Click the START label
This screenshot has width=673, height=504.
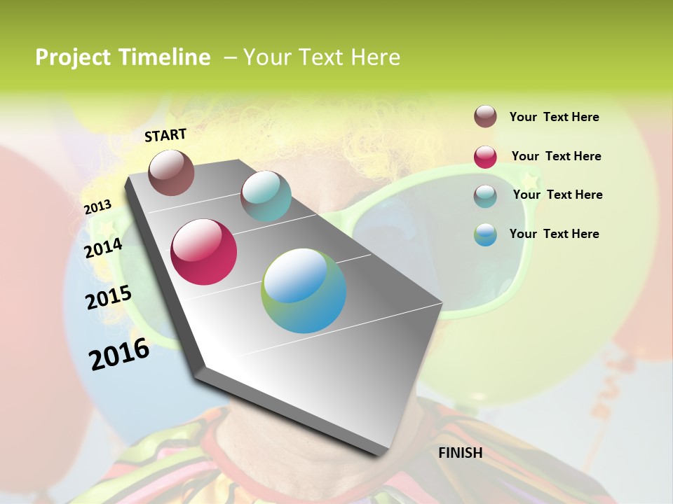tap(165, 135)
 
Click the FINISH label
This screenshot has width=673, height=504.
tap(460, 453)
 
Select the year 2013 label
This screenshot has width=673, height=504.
tap(97, 207)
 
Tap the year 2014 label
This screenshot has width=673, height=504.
tap(104, 248)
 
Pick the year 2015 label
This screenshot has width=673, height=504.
tap(109, 297)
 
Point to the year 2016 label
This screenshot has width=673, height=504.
tap(119, 354)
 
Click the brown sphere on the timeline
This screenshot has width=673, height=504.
tap(171, 172)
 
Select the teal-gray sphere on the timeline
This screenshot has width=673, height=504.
tap(266, 196)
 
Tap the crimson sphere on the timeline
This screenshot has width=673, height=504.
tap(204, 252)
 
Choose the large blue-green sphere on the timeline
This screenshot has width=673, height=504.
tap(304, 290)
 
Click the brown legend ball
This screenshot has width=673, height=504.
tap(485, 117)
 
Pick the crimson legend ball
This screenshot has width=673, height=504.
tap(485, 157)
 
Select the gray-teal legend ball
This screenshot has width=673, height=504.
tap(485, 196)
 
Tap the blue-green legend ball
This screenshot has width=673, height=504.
tap(485, 234)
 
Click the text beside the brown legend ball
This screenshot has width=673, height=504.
tap(554, 117)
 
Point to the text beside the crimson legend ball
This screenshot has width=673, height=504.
tap(556, 156)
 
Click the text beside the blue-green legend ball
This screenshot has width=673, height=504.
tap(554, 234)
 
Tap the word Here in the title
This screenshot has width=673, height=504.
tap(376, 57)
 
